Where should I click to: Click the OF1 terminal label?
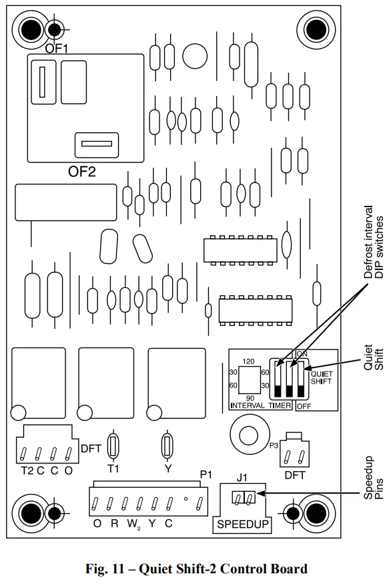[x=57, y=48]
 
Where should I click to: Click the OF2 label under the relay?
[x=82, y=172]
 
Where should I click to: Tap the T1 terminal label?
[x=113, y=468]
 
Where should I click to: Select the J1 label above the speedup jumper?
[x=242, y=478]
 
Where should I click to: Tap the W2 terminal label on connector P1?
[x=134, y=524]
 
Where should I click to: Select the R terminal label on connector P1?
[x=115, y=524]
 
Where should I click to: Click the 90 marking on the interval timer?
[x=248, y=398]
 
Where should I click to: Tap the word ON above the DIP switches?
[x=302, y=353]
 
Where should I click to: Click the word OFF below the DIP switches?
[x=304, y=406]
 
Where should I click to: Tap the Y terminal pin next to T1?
[x=167, y=445]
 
